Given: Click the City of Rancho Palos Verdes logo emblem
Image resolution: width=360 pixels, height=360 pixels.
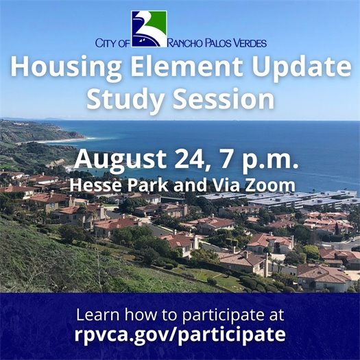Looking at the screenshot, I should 149,28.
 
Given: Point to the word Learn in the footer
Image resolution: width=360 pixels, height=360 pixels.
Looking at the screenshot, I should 96,315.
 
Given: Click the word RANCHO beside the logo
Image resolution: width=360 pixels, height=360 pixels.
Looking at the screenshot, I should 187,43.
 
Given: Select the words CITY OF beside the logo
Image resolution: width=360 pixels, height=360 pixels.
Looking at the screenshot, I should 112,43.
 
